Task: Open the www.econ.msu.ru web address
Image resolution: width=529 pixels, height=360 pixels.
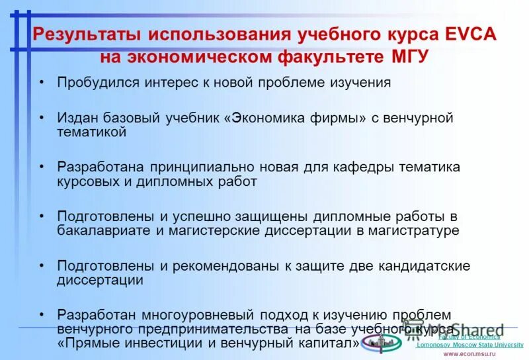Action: point(469,354)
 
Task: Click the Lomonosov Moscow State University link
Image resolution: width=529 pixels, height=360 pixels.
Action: point(469,345)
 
